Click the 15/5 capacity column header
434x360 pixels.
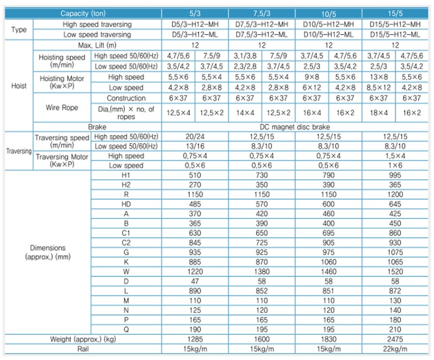(x=395, y=14)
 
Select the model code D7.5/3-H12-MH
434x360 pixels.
(x=262, y=24)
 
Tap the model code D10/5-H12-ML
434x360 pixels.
(x=329, y=35)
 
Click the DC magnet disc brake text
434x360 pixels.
(x=295, y=127)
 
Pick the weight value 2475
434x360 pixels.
(x=395, y=339)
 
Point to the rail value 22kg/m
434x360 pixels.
(x=395, y=349)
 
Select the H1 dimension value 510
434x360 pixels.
(x=195, y=175)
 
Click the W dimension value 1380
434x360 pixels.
(x=262, y=271)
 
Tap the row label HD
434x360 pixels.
(x=126, y=204)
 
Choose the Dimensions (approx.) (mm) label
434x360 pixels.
(x=48, y=253)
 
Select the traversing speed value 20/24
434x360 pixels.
(x=195, y=137)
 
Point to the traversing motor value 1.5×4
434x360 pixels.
(x=395, y=156)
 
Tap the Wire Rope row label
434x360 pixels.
(x=61, y=108)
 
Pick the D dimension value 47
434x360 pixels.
(x=195, y=281)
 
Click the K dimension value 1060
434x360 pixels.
(x=329, y=262)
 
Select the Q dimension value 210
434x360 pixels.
(x=395, y=329)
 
